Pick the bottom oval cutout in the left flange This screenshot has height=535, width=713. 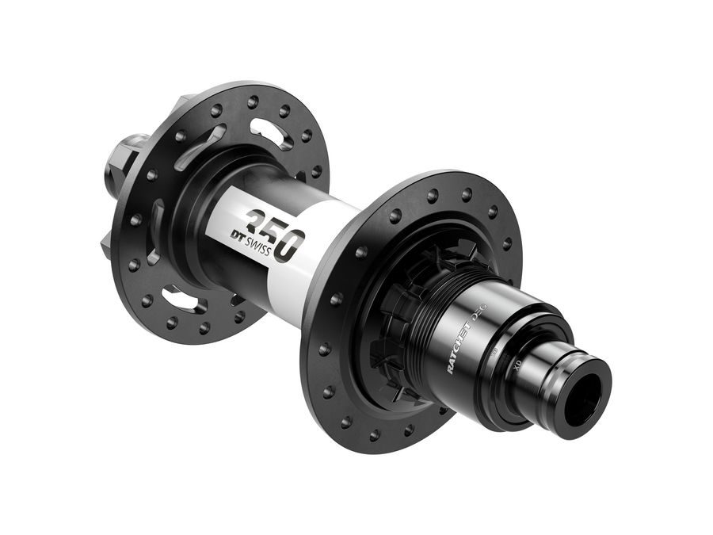(181, 299)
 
